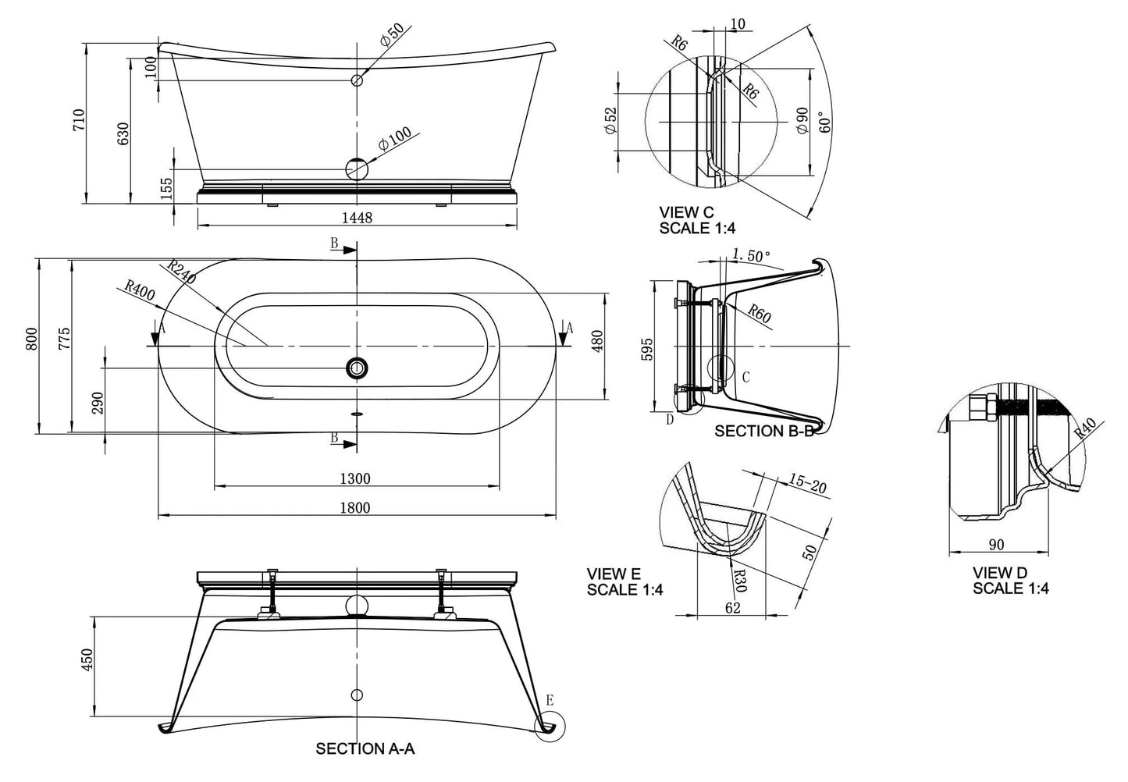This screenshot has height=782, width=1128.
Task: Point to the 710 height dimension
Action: point(79,120)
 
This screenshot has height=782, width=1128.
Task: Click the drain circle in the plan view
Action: point(358,368)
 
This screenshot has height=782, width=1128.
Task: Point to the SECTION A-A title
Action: point(365,749)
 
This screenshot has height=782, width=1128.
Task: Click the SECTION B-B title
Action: point(763,431)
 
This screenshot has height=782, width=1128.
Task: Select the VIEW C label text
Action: point(686,211)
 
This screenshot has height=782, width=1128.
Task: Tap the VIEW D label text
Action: point(1000,574)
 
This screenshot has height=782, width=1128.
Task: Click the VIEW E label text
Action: point(614,575)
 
